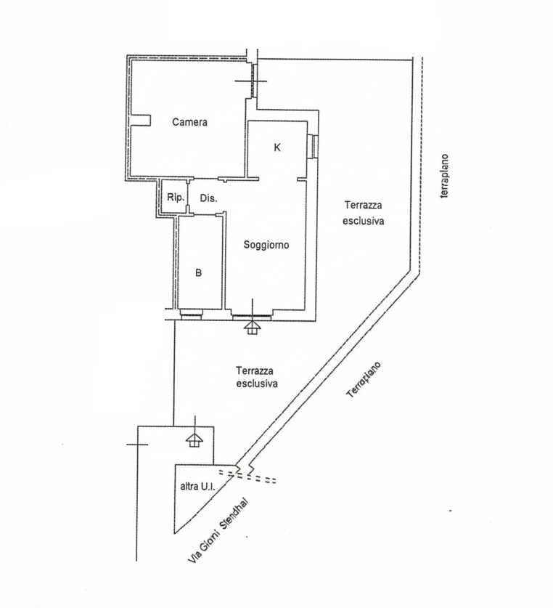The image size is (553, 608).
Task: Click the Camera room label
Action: coord(189,122)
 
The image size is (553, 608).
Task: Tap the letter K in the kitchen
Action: coord(277,147)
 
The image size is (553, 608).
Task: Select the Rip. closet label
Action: coord(176,198)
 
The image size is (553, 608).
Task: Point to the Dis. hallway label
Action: coord(208,198)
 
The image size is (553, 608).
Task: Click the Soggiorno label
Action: coord(266,245)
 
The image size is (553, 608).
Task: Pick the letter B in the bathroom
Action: coord(198,273)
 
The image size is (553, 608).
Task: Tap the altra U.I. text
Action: coord(197,486)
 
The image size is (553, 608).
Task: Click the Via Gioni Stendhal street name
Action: coord(218,530)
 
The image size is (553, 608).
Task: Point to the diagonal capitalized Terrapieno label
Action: coord(364,380)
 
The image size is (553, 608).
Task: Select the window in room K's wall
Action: coord(313,146)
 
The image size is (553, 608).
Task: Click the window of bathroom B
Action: coord(192,314)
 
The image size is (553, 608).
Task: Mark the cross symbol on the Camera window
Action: coord(252,81)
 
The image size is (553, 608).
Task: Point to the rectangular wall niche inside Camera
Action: coord(140,120)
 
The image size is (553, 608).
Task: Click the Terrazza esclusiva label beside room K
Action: coord(364,213)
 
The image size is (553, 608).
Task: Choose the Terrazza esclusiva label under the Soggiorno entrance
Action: coord(257,377)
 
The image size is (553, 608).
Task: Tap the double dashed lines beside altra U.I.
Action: coord(247,477)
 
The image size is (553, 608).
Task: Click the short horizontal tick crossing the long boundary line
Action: coord(137,445)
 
